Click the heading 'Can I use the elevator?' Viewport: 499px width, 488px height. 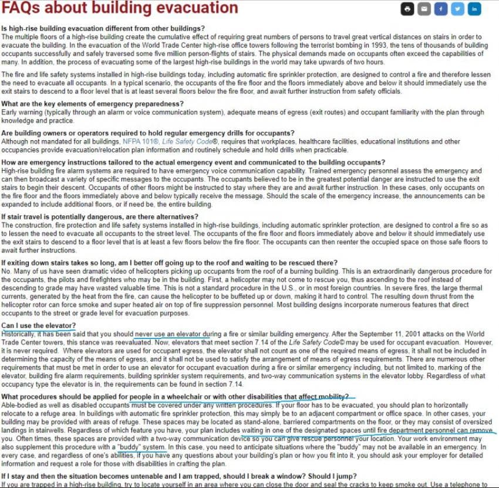pyautogui.click(x=39, y=326)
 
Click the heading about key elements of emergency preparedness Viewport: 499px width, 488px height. pyautogui.click(x=93, y=104)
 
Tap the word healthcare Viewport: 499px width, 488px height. pyautogui.click(x=332, y=141)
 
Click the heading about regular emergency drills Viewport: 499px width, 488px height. pyautogui.click(x=149, y=133)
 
